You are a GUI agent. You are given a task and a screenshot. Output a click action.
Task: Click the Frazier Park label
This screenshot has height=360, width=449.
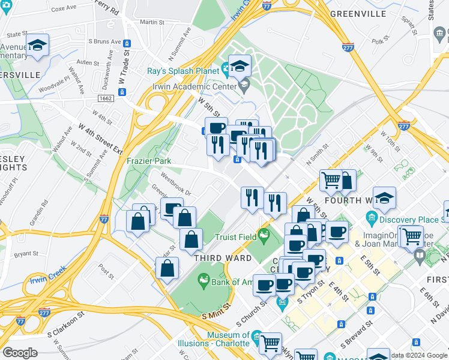point(149,161)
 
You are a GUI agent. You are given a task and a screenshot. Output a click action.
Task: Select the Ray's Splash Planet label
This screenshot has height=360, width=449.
point(183,71)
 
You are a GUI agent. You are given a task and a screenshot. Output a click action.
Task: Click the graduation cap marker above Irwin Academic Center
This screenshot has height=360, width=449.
point(240,67)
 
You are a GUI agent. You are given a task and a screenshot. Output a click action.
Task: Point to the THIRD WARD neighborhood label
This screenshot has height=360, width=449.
point(218,257)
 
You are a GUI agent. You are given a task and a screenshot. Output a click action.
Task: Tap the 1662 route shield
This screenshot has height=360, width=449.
point(106,98)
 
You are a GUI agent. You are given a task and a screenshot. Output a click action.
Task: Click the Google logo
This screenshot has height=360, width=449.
point(20,353)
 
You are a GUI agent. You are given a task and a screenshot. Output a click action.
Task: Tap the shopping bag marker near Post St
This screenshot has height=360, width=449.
point(167,268)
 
